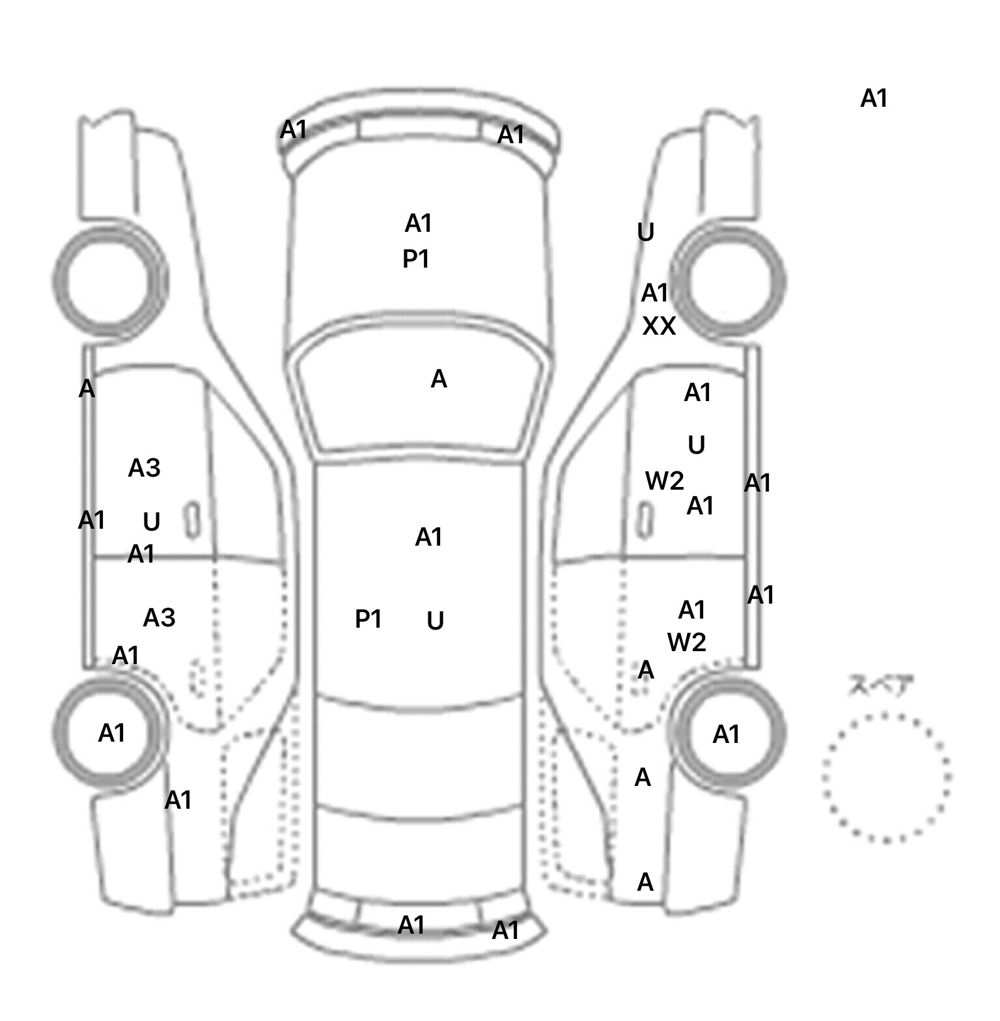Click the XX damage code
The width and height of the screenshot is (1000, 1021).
point(659,326)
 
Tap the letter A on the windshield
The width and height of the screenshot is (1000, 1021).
point(439,379)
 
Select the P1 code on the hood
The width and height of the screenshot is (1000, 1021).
point(416,259)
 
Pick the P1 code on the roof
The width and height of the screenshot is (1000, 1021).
point(368,619)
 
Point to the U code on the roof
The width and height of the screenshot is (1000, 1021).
point(436,621)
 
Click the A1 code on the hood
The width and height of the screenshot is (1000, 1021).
point(419,223)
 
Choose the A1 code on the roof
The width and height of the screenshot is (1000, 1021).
point(428,537)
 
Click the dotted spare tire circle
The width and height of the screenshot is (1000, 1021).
point(886,777)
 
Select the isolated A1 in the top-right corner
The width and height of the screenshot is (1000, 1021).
point(874,98)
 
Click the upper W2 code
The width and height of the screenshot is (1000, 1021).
point(665,481)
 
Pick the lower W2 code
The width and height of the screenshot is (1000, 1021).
point(687,643)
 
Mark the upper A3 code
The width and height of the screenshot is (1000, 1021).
point(144,468)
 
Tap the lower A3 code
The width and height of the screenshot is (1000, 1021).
point(159,617)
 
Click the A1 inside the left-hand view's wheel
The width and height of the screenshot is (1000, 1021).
point(111,733)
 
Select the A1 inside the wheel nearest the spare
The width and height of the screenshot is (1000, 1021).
point(727,734)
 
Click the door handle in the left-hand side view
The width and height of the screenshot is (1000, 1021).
point(193,520)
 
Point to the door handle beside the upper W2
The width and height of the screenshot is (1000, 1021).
point(645,520)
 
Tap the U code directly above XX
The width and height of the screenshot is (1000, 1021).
point(645,232)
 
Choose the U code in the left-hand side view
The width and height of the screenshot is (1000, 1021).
point(151,522)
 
